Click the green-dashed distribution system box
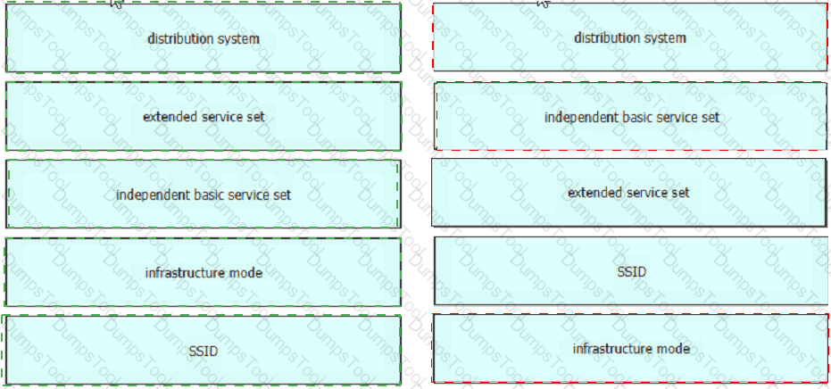pyautogui.click(x=204, y=37)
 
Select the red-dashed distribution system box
pyautogui.click(x=630, y=37)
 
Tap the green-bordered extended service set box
pyautogui.click(x=204, y=116)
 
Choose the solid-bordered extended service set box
pyautogui.click(x=628, y=193)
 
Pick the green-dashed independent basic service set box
pyautogui.click(x=204, y=194)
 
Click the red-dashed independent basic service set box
pyautogui.click(x=631, y=116)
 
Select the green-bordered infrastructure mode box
pyautogui.click(x=204, y=272)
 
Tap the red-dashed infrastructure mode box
pyautogui.click(x=630, y=348)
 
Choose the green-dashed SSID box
pyautogui.click(x=202, y=350)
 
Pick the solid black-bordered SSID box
pyautogui.click(x=631, y=271)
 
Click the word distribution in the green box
pyautogui.click(x=179, y=38)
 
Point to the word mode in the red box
pyautogui.click(x=675, y=348)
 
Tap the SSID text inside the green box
pyautogui.click(x=204, y=351)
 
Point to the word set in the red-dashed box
pyautogui.click(x=711, y=117)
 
